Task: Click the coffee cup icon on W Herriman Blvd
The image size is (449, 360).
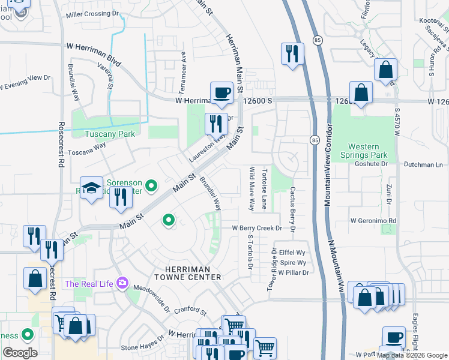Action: [221, 93]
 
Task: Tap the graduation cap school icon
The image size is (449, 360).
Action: [92, 188]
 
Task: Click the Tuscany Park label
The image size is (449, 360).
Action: [109, 134]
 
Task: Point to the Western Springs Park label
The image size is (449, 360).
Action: [364, 151]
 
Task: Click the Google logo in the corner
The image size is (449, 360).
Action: [20, 352]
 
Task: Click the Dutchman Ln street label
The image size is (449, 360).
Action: [422, 164]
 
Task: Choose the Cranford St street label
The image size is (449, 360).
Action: [190, 312]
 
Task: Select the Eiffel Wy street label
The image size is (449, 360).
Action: [294, 253]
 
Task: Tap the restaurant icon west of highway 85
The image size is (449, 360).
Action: [292, 53]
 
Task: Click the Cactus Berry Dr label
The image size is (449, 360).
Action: [293, 209]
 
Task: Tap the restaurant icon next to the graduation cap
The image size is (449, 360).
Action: [121, 197]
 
